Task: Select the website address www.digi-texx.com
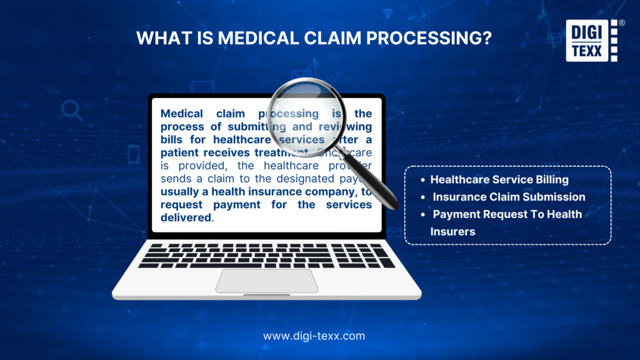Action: point(314,336)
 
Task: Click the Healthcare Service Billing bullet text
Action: point(499,179)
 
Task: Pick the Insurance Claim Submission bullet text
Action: point(509,197)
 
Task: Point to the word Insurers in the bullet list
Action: point(452,231)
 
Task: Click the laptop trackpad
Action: point(267,281)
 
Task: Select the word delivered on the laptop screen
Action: point(186,217)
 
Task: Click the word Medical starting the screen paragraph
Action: point(182,114)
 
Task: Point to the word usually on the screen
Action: point(180,192)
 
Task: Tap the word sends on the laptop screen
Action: point(176,179)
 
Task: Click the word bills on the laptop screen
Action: point(173,139)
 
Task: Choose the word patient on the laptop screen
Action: point(180,152)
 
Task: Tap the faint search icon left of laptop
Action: point(72,111)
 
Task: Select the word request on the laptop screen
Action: point(182,205)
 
